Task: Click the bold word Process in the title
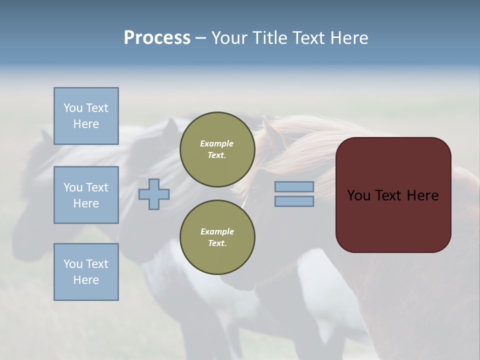(157, 38)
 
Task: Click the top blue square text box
(86, 116)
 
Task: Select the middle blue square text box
(86, 195)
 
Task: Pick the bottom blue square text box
(86, 272)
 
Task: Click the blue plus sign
(154, 194)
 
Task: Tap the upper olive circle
(217, 149)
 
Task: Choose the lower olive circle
(217, 237)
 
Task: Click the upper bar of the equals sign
(294, 187)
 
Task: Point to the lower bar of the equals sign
(294, 201)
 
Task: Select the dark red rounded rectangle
(393, 195)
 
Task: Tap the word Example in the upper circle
(217, 143)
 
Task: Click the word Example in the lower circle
(217, 231)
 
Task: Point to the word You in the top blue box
(73, 108)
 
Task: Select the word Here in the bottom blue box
(86, 280)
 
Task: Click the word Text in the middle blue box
(97, 187)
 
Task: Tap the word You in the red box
(358, 195)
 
